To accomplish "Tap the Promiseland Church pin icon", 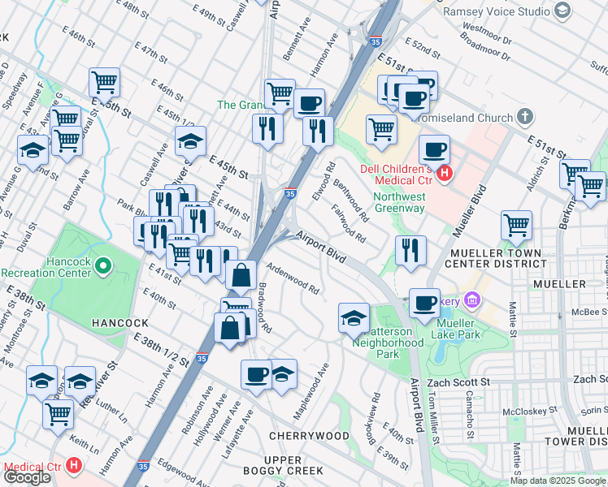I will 525,117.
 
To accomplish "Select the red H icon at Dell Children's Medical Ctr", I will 444,172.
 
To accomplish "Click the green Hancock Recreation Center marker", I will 102,265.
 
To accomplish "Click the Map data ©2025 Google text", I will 558,481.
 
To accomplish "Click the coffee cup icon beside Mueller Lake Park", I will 423,302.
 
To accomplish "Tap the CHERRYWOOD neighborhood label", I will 309,437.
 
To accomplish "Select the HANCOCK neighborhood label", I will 119,322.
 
